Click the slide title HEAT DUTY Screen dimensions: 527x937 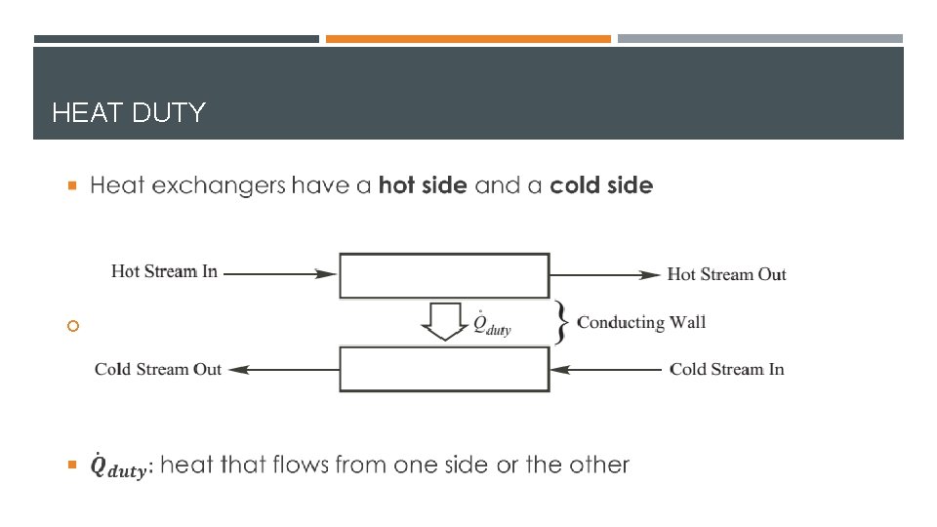click(x=128, y=113)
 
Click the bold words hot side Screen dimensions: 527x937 click(x=423, y=184)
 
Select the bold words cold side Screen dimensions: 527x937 click(x=601, y=184)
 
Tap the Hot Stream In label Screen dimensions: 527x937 click(x=164, y=271)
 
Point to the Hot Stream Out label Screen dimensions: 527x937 click(x=726, y=274)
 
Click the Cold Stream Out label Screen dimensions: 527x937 click(x=158, y=369)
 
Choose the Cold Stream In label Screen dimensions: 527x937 click(x=726, y=369)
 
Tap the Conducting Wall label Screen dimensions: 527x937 click(x=641, y=322)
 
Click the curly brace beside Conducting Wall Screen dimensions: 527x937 click(x=559, y=322)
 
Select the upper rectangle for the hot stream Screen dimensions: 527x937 click(x=444, y=275)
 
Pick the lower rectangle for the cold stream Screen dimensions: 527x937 click(x=444, y=370)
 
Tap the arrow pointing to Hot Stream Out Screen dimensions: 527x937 click(x=605, y=274)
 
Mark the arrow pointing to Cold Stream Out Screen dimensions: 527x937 click(x=283, y=370)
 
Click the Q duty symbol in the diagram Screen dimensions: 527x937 click(x=491, y=324)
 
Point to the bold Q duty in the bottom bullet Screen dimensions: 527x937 click(x=117, y=467)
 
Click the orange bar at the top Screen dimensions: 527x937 click(x=468, y=39)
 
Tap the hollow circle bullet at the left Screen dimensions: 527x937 click(x=72, y=327)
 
